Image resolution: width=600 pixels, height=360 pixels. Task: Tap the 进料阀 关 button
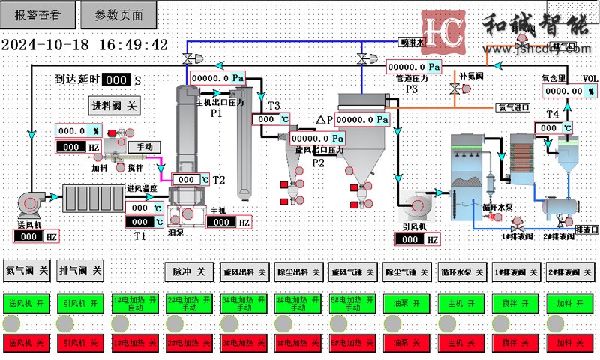[x=115, y=106]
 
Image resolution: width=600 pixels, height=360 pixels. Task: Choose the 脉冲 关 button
[x=189, y=271]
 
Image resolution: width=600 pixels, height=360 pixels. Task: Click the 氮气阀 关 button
[x=26, y=270]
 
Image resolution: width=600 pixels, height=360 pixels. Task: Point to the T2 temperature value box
[x=190, y=180]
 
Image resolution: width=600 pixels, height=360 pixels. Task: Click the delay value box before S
[x=115, y=79]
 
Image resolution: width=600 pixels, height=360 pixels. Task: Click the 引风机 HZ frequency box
[x=416, y=239]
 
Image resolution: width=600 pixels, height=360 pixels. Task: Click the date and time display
[x=84, y=45]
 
